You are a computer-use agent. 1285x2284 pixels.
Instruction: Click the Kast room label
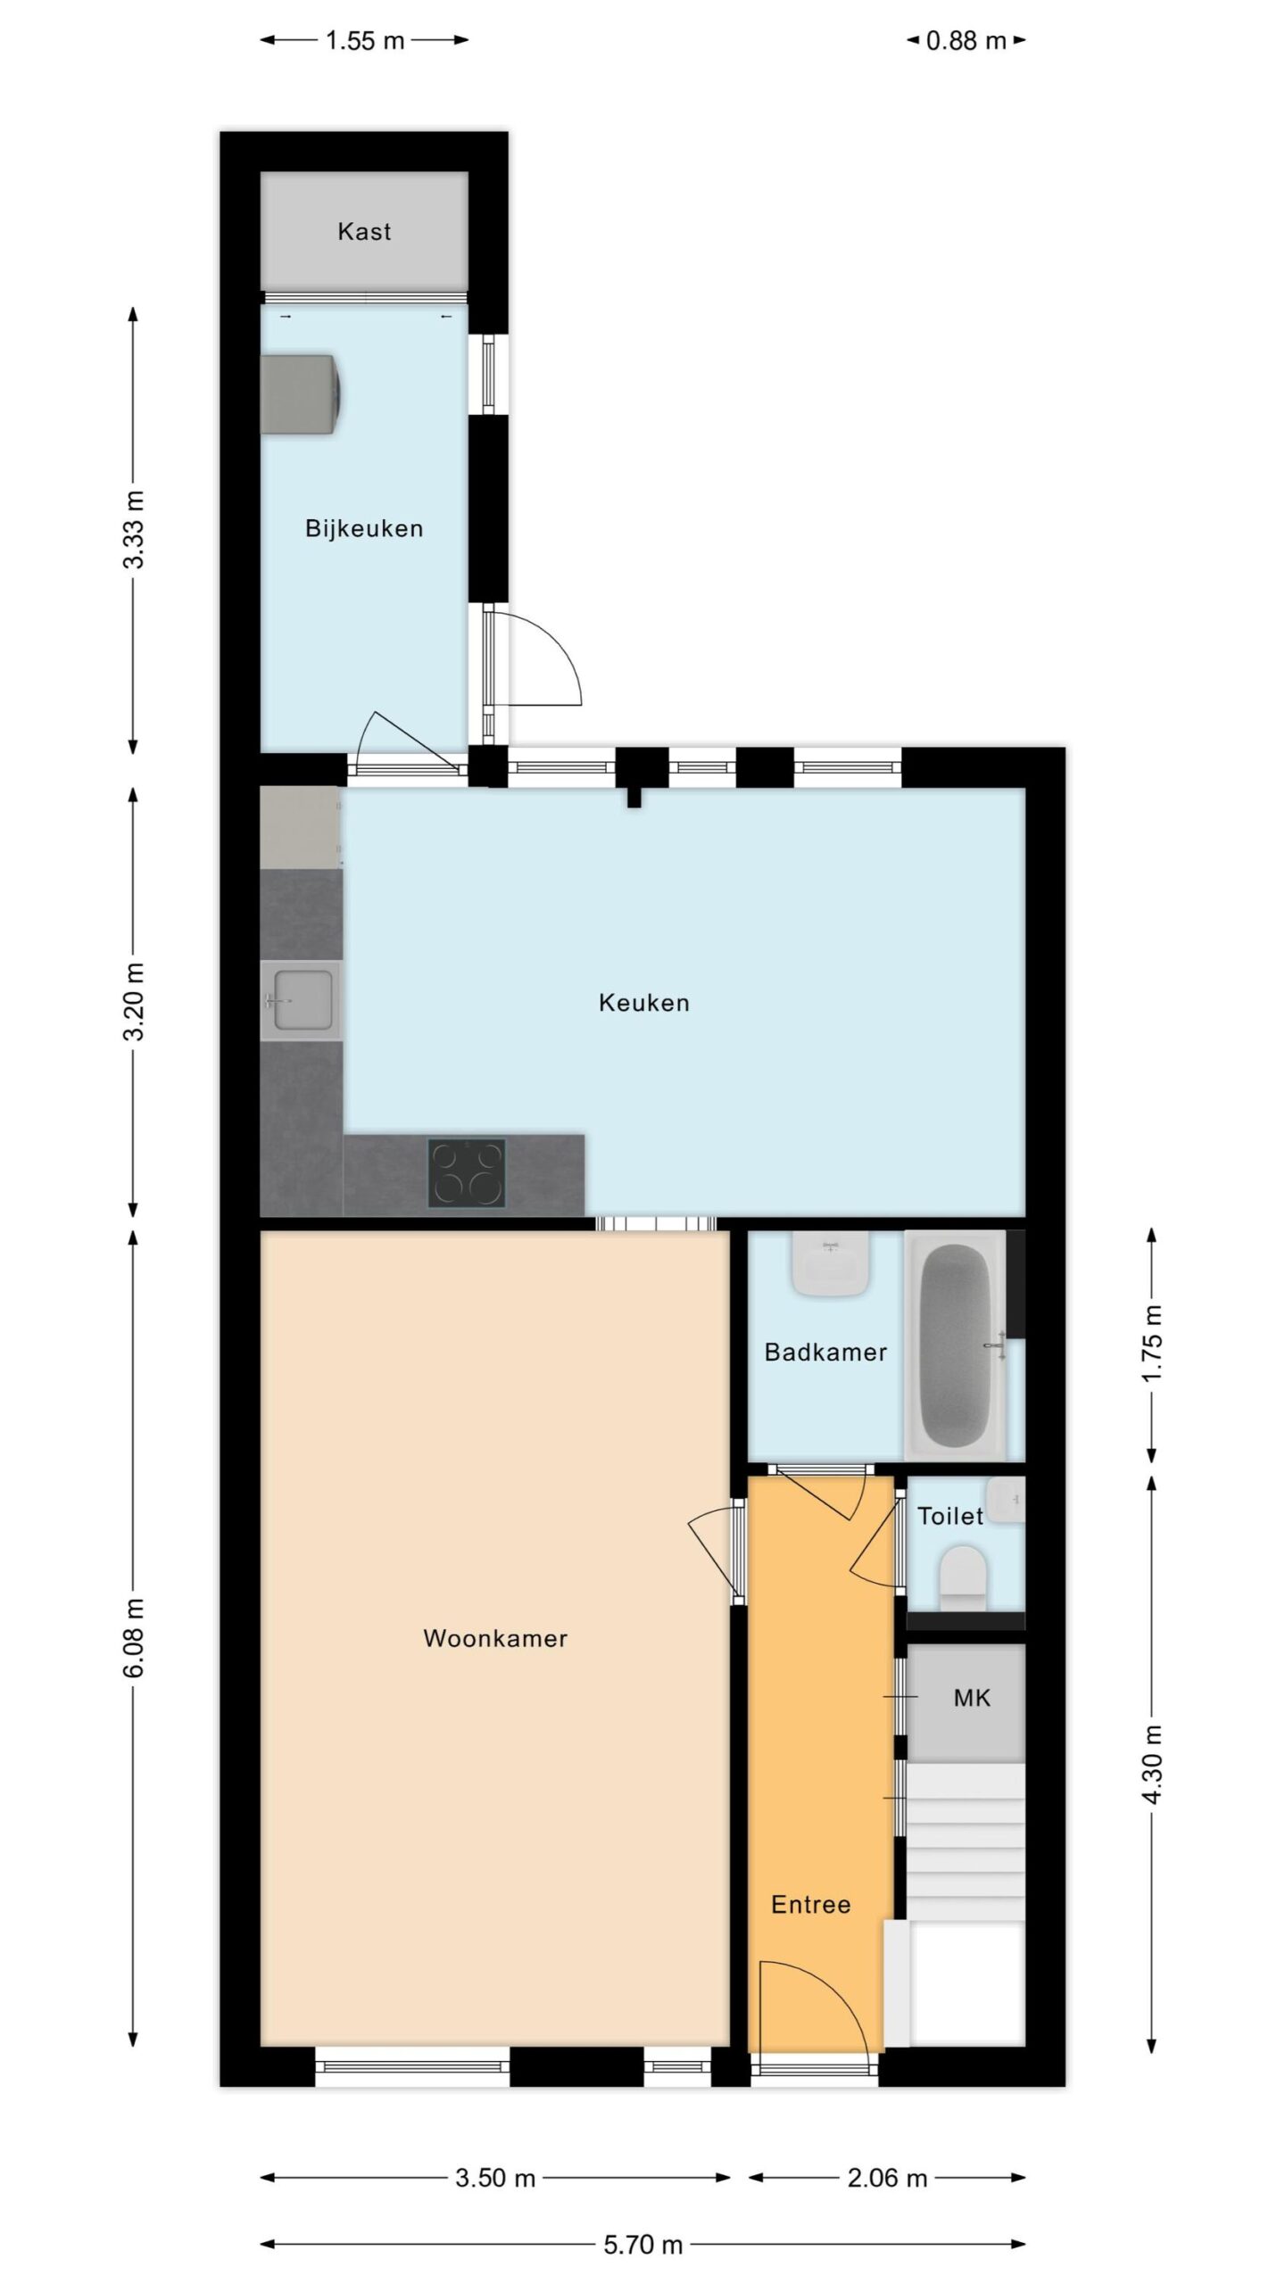point(364,232)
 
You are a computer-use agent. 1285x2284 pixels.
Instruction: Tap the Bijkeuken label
point(364,528)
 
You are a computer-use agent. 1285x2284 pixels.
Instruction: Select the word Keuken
point(643,1003)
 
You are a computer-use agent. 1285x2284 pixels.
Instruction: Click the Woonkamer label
point(495,1638)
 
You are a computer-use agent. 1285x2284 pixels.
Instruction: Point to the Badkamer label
point(825,1352)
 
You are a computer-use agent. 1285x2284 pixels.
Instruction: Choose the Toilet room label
point(950,1516)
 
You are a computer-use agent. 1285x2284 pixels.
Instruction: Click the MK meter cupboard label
point(972,1698)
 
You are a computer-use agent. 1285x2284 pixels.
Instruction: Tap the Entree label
point(810,1905)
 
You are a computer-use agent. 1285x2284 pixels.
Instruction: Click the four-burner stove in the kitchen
point(467,1173)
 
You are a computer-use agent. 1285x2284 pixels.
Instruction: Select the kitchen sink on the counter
point(302,1000)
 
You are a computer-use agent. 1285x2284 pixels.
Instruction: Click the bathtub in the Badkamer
point(955,1346)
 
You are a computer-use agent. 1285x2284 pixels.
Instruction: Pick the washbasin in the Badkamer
point(831,1264)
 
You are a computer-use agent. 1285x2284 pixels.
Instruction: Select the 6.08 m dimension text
point(134,1638)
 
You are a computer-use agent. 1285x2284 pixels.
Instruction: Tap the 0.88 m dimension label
point(966,41)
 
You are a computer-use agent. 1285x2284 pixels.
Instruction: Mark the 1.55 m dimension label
point(364,41)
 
